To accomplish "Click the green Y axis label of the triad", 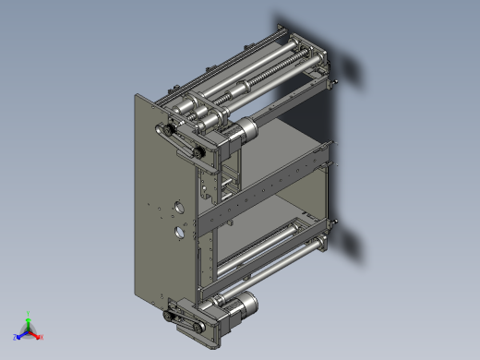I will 30,313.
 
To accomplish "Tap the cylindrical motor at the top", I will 242,132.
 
